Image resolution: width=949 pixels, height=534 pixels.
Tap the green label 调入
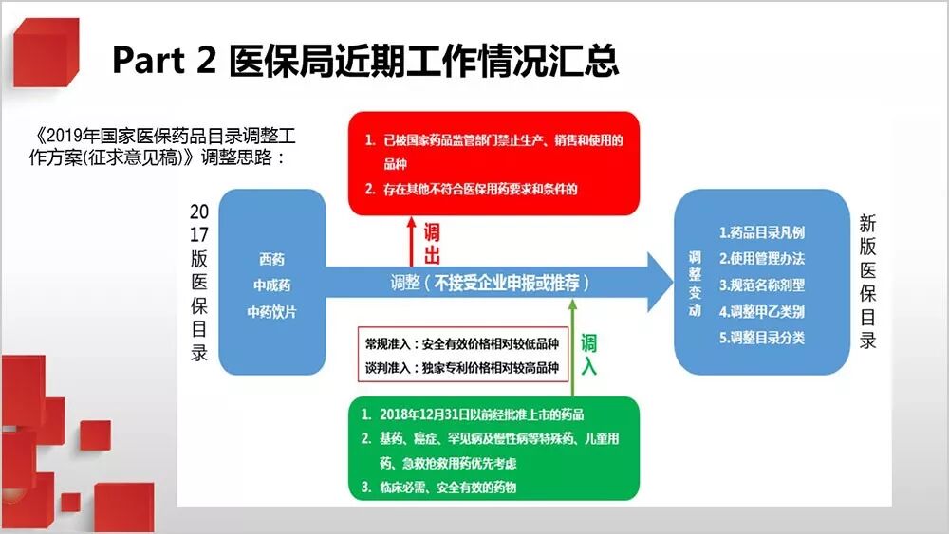click(589, 354)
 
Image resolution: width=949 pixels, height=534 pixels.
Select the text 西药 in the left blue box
click(271, 258)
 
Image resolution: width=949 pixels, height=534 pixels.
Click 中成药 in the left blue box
click(271, 285)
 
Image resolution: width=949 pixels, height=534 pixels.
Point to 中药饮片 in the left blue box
click(271, 311)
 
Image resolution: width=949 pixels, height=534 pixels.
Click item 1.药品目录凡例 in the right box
click(762, 232)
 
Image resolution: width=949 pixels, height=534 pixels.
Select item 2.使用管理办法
click(762, 259)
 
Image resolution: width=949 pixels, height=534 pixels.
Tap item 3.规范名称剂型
click(762, 285)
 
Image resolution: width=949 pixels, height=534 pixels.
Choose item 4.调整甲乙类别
click(762, 311)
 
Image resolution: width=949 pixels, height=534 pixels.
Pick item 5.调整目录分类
click(762, 337)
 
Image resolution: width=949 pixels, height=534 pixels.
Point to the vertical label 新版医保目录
click(867, 282)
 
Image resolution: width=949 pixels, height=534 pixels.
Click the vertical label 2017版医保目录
click(199, 282)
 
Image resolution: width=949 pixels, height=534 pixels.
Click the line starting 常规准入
click(457, 343)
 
